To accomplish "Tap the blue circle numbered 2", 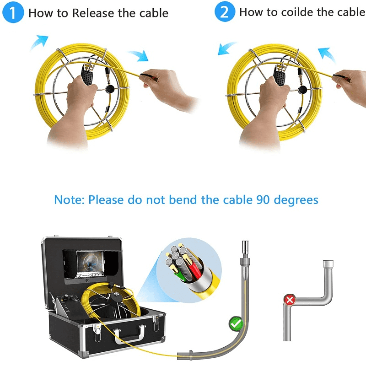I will tap(225, 12).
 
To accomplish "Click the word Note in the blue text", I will tap(69, 200).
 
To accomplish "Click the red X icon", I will tap(289, 301).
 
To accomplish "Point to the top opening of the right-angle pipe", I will tap(328, 264).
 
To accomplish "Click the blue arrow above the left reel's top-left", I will tap(39, 42).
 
